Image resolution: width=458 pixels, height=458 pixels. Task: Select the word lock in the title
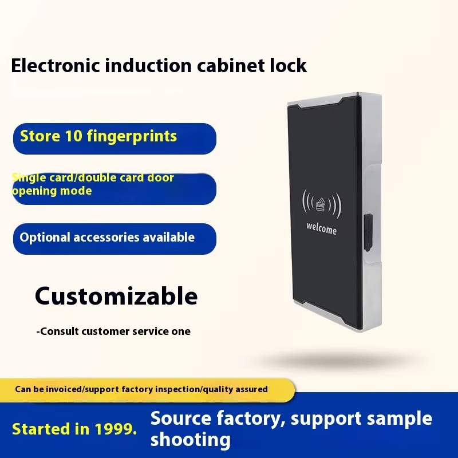[288, 65]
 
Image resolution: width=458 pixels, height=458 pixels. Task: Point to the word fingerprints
[132, 137]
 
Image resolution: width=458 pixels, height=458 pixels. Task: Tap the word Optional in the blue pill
[45, 238]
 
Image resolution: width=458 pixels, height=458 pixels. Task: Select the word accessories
[106, 238]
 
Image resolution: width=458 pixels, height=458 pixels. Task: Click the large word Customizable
[116, 296]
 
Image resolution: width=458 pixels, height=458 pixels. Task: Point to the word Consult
[60, 331]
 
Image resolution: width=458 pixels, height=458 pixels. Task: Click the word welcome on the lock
[321, 228]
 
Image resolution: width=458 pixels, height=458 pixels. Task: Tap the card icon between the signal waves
[321, 204]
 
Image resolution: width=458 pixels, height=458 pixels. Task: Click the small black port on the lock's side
[368, 232]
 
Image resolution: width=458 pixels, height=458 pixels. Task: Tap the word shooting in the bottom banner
[191, 440]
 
